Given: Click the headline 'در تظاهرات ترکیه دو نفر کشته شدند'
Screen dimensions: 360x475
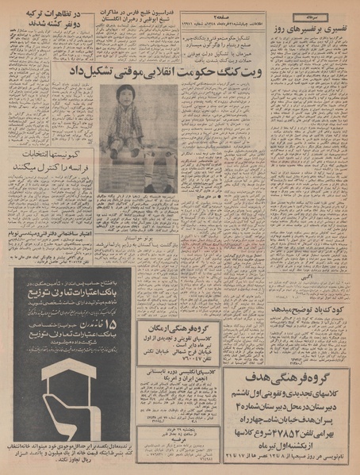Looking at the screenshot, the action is tap(48, 20).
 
